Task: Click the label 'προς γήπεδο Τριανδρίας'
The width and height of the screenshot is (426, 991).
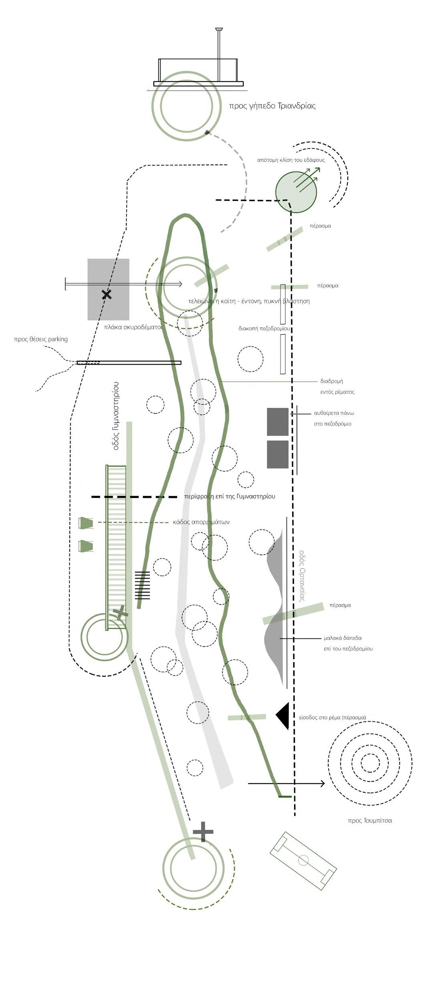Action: pyautogui.click(x=272, y=106)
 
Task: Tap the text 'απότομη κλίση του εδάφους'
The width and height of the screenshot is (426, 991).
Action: pyautogui.click(x=291, y=160)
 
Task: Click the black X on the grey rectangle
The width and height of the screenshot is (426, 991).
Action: pyautogui.click(x=106, y=295)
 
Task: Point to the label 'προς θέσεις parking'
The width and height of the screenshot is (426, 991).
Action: pyautogui.click(x=41, y=339)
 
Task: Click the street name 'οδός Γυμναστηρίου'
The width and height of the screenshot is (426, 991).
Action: pyautogui.click(x=116, y=416)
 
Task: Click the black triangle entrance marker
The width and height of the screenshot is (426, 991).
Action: pyautogui.click(x=283, y=716)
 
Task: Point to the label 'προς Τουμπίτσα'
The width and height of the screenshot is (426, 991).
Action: pyautogui.click(x=369, y=820)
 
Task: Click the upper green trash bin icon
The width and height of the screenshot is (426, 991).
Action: pyautogui.click(x=86, y=523)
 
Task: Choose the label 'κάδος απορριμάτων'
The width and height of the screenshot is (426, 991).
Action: pyautogui.click(x=201, y=522)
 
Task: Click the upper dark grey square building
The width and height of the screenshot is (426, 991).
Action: pyautogui.click(x=277, y=422)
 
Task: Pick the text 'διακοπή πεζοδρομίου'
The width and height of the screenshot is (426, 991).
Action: pyautogui.click(x=264, y=328)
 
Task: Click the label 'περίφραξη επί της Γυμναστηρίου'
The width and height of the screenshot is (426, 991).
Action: pyautogui.click(x=230, y=496)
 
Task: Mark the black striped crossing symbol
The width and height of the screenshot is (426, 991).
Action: pyautogui.click(x=142, y=585)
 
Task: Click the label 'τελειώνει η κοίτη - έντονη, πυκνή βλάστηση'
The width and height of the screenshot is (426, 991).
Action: pyautogui.click(x=249, y=301)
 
